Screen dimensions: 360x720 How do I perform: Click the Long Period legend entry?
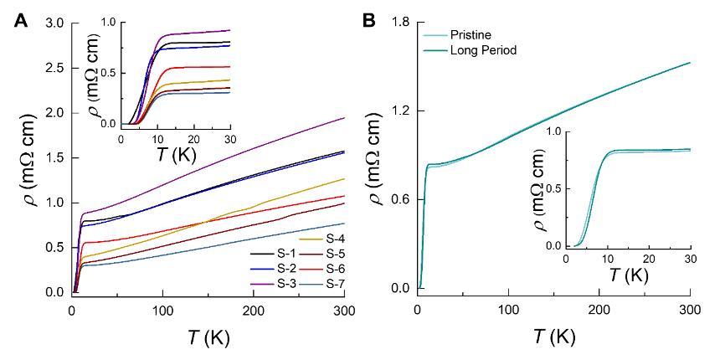click(481, 50)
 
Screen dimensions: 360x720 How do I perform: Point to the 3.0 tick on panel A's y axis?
click(57, 23)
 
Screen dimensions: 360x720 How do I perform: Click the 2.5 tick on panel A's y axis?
click(57, 69)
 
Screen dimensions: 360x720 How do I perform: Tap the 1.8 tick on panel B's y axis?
click(399, 23)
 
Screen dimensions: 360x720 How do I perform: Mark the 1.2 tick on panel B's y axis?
click(399, 111)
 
